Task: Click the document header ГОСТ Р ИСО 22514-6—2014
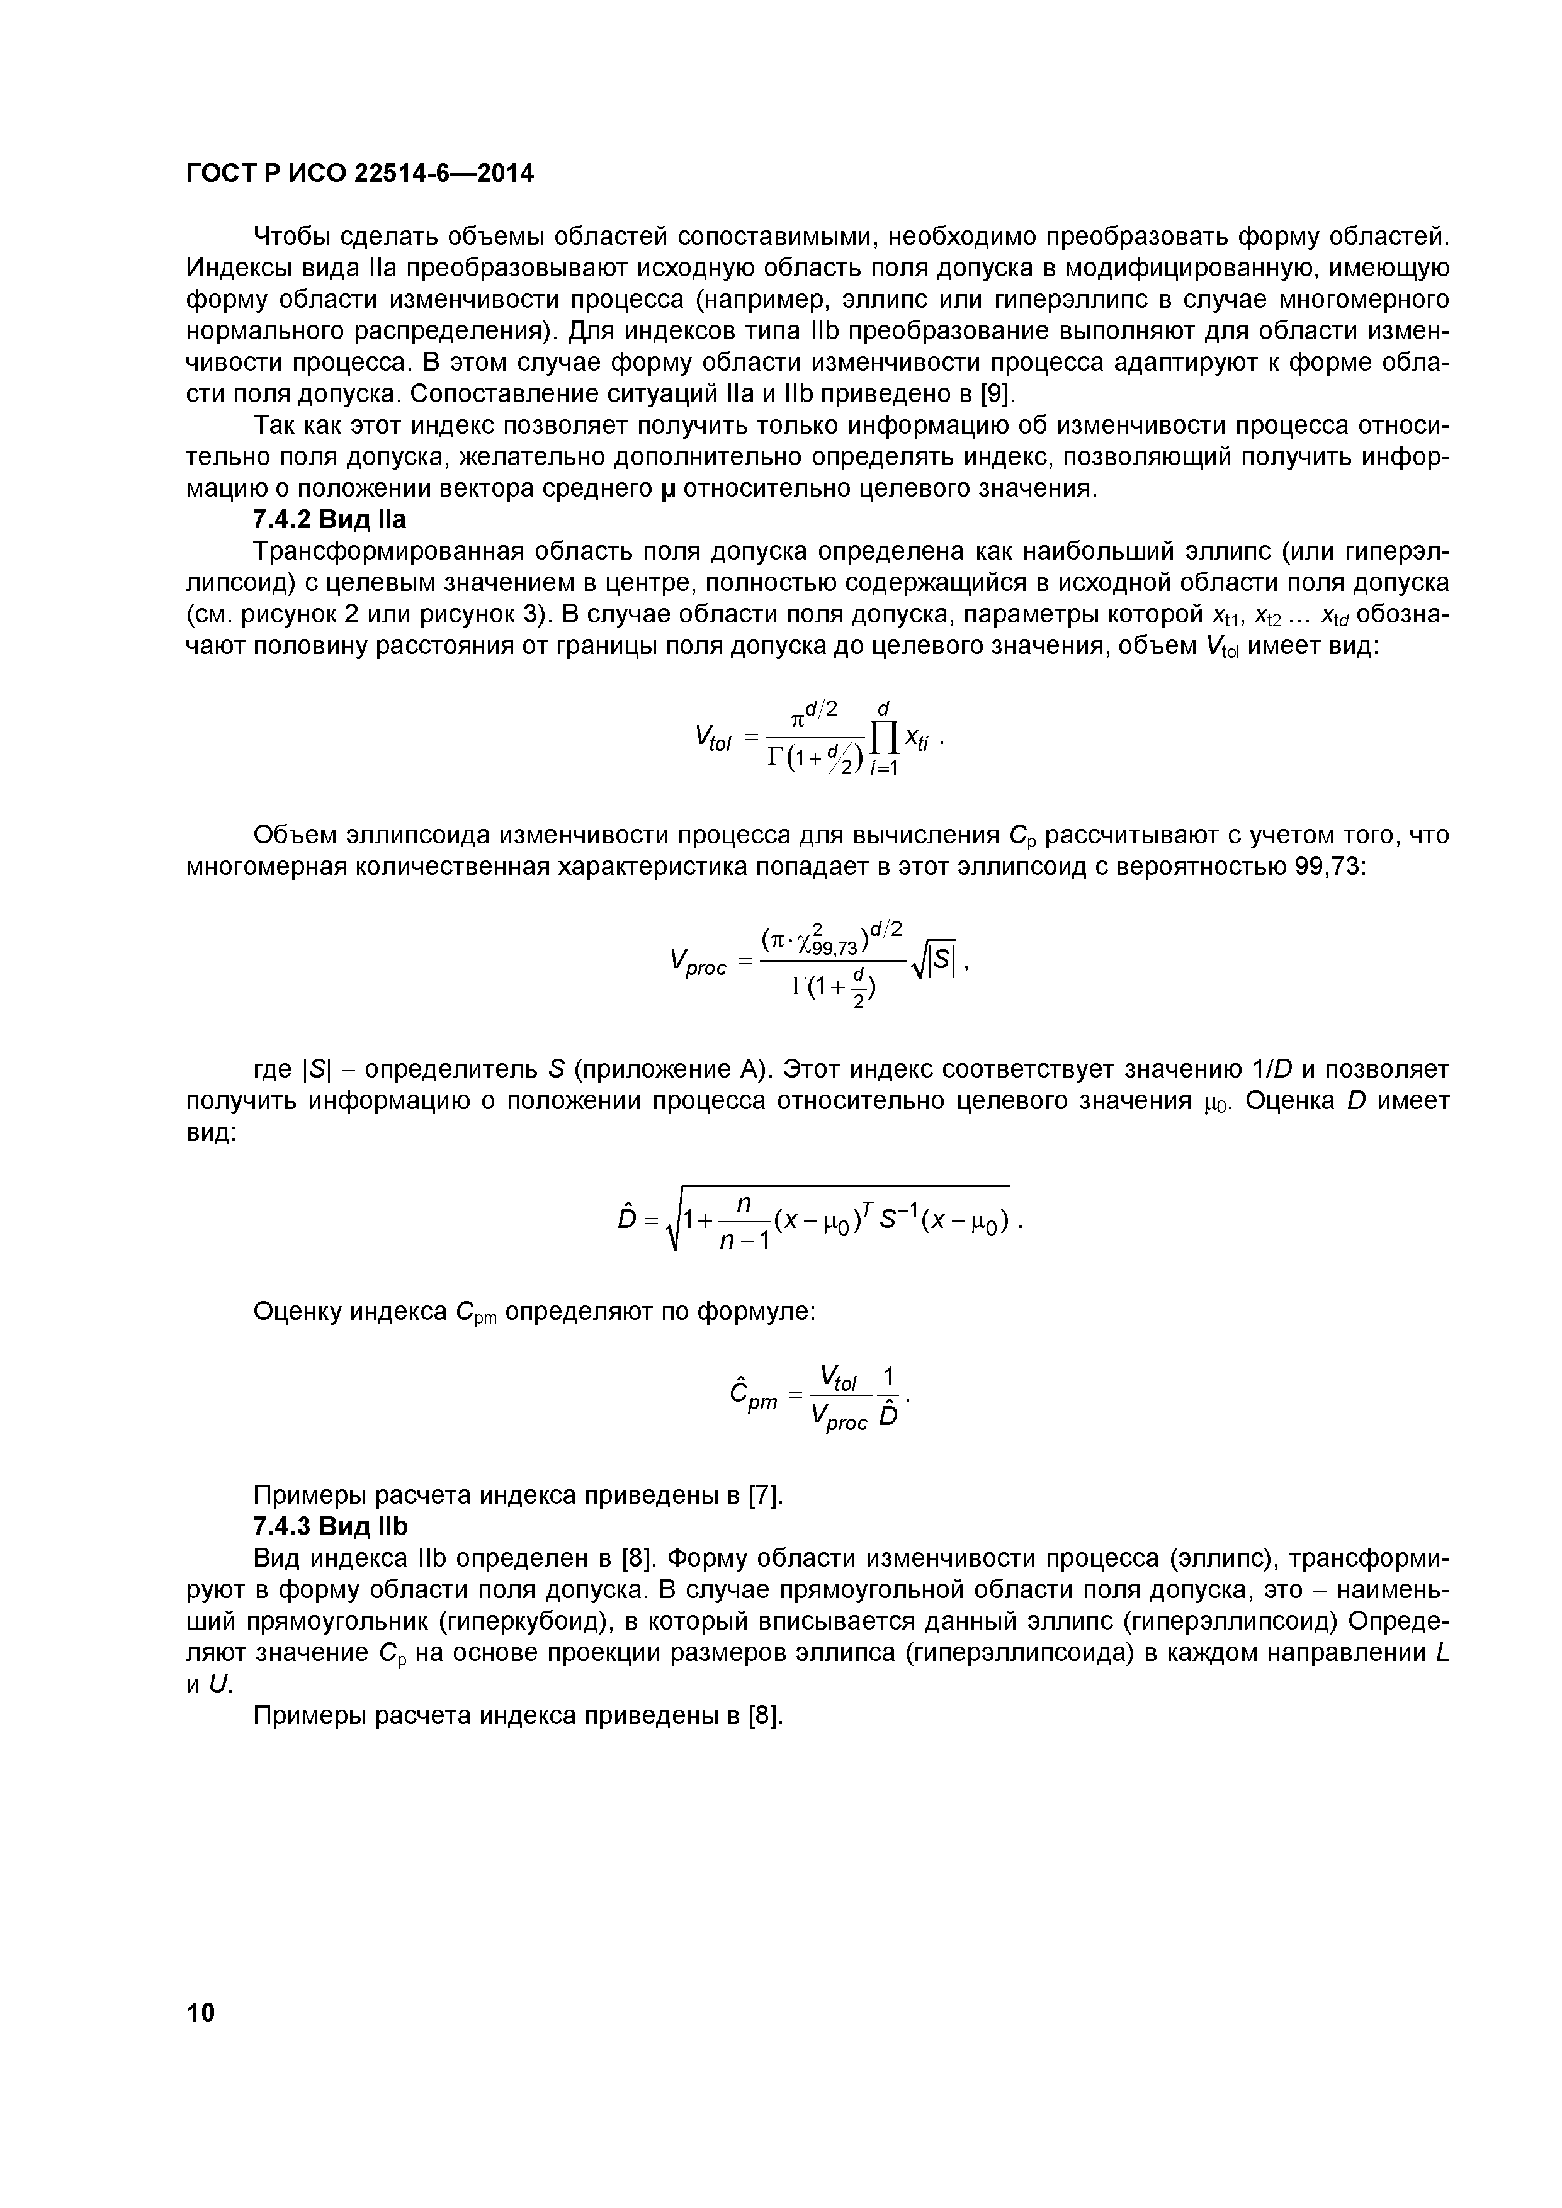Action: [359, 173]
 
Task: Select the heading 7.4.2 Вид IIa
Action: [329, 521]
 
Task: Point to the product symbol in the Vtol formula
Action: [883, 738]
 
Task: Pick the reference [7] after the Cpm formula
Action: [765, 1495]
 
